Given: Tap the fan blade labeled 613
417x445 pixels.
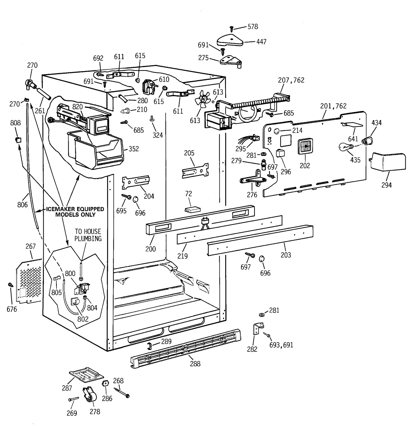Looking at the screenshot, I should (202, 99).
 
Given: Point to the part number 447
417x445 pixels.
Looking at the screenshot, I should (261, 42).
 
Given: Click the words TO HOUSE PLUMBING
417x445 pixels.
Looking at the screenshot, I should (88, 235).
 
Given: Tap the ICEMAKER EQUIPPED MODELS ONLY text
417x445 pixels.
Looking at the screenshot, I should (75, 212).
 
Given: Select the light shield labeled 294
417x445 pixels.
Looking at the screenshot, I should (388, 162).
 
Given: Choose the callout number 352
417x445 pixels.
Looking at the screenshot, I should (134, 149).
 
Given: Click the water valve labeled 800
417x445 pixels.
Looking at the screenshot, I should (82, 288).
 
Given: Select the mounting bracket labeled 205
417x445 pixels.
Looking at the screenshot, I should (195, 171).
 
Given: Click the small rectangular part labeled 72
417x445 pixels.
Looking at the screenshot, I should (192, 210).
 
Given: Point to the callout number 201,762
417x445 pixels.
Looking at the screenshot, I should (333, 106).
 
